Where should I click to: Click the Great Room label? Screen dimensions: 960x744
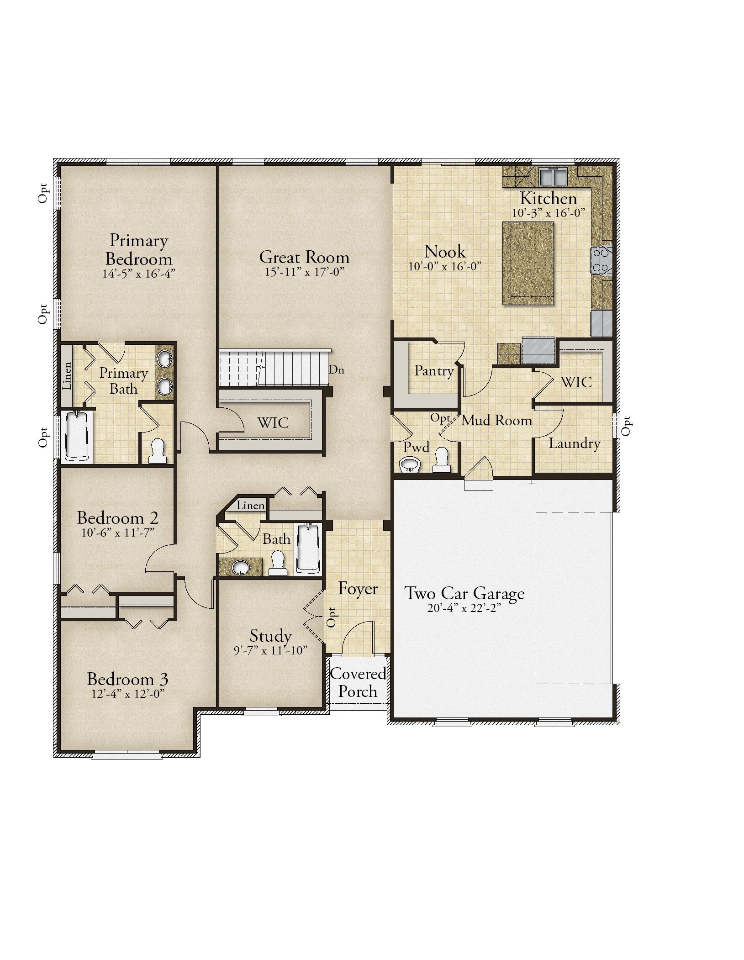coord(304,257)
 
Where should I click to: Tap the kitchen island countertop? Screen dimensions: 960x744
coord(528,263)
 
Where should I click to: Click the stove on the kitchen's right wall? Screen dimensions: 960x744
coord(602,260)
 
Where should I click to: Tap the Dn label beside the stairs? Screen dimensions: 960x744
coord(337,370)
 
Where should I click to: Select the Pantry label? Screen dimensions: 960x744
coord(434,370)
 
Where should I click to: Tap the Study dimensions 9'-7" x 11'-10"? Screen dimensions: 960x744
coord(270,650)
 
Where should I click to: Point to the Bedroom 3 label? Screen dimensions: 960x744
coord(127,679)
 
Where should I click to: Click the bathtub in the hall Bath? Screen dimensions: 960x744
coord(309,548)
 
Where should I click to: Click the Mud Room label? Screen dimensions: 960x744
coord(497,420)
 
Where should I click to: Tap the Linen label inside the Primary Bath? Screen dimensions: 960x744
coord(67,375)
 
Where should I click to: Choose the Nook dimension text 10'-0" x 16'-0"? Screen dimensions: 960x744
coord(445,266)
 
